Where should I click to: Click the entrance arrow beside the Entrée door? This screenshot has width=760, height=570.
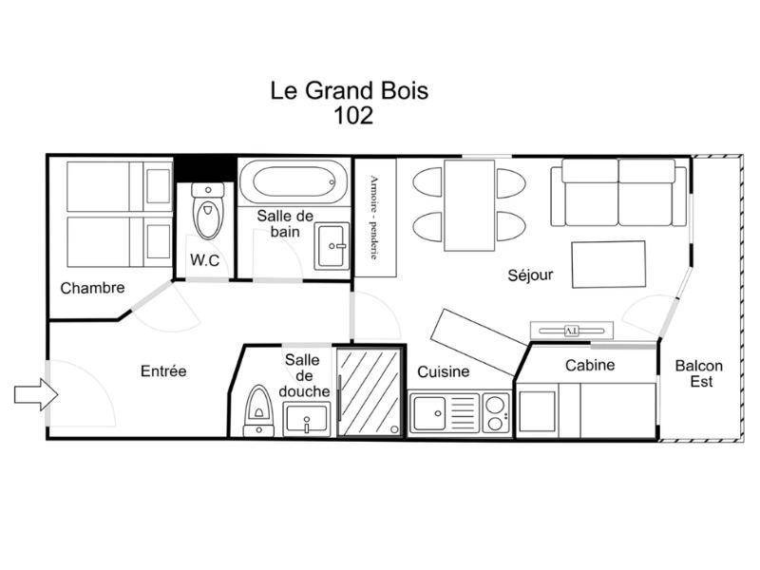36,395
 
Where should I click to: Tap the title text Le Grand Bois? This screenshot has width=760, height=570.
350,90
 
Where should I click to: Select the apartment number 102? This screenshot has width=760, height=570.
353,115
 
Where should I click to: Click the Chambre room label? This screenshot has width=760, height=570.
92,288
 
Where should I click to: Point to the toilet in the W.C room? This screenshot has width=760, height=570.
208,211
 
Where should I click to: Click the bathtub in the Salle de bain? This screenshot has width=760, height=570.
294,182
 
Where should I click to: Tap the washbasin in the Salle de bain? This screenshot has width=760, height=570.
332,246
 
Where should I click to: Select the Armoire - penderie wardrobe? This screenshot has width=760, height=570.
375,218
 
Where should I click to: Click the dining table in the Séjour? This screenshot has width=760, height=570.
469,205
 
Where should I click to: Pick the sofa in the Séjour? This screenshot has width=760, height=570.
619,193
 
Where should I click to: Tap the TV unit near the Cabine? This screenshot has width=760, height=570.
572,331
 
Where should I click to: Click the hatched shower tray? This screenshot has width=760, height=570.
370,392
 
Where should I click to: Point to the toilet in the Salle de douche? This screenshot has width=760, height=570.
258,410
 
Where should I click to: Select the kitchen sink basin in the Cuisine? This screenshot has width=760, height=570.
428,413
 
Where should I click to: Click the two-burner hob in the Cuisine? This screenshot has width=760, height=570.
495,413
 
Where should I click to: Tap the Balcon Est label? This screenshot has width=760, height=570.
699,373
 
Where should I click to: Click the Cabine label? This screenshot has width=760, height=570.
590,365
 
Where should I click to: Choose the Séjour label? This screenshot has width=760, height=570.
530,275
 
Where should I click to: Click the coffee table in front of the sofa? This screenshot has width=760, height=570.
609,265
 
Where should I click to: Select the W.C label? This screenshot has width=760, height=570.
204,260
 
